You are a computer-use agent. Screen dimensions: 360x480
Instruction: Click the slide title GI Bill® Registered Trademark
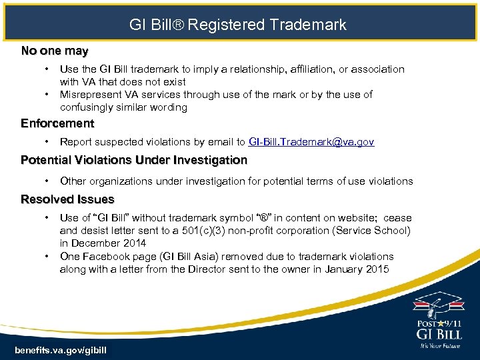[x=238, y=25]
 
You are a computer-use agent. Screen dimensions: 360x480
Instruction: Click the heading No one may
[x=55, y=51]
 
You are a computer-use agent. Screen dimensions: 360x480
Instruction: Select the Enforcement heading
[x=57, y=123]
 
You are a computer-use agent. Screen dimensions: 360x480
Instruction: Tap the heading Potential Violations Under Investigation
[x=134, y=160]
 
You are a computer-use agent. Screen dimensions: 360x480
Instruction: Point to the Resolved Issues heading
[x=67, y=199]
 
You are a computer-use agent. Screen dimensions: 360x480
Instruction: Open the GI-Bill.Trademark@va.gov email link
[x=311, y=142]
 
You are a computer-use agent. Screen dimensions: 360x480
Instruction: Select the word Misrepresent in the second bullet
[x=90, y=95]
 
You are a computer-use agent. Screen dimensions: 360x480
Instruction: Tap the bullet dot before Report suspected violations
[x=47, y=142]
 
